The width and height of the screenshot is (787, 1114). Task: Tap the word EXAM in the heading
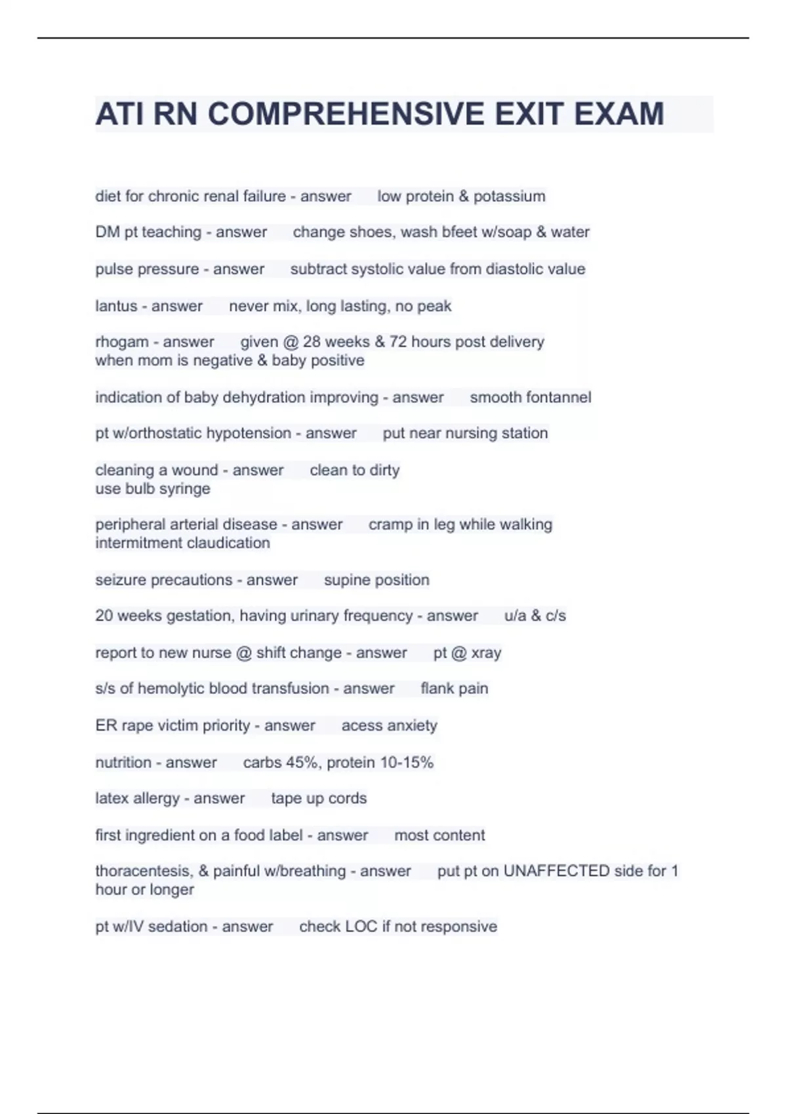[x=619, y=114]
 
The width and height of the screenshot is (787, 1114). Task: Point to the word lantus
[x=115, y=306]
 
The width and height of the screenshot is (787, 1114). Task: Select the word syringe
[x=185, y=489]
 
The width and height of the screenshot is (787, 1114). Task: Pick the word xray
[x=486, y=653]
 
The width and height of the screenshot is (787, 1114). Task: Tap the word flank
[x=436, y=689]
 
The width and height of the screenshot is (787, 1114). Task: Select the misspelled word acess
[x=361, y=726]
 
